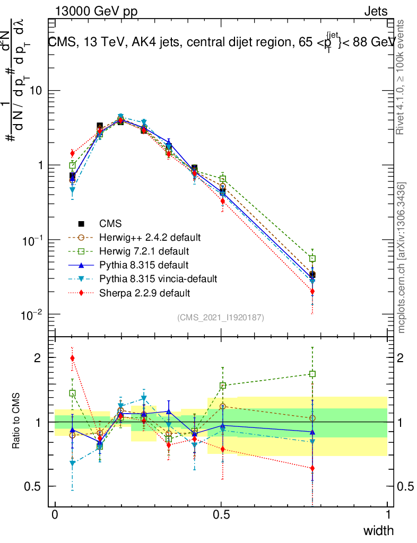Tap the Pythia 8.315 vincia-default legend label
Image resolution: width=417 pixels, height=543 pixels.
click(158, 278)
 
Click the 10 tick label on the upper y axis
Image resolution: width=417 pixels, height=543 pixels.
click(34, 91)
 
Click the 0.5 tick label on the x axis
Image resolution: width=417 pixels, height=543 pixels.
click(221, 515)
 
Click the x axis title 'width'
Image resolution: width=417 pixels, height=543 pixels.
click(377, 531)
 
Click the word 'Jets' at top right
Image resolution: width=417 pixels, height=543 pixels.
click(375, 11)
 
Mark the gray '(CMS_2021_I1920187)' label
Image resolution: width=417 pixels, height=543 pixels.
click(221, 317)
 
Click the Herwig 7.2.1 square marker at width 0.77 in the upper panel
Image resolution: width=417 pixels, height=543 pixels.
click(312, 258)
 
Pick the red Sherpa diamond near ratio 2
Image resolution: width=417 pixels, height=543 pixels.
click(72, 358)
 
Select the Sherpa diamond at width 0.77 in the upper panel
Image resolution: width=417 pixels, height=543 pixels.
click(312, 291)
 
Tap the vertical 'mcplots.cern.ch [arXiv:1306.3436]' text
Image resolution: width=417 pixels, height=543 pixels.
click(402, 258)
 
